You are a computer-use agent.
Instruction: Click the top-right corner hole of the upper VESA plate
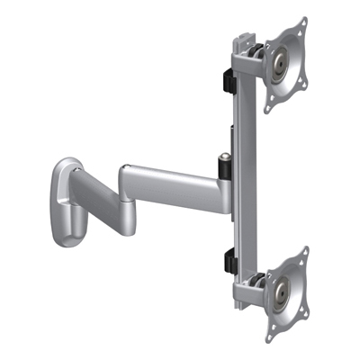click(x=303, y=24)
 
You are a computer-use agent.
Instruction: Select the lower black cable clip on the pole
click(x=227, y=262)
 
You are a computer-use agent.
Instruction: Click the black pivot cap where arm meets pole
click(x=223, y=167)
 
